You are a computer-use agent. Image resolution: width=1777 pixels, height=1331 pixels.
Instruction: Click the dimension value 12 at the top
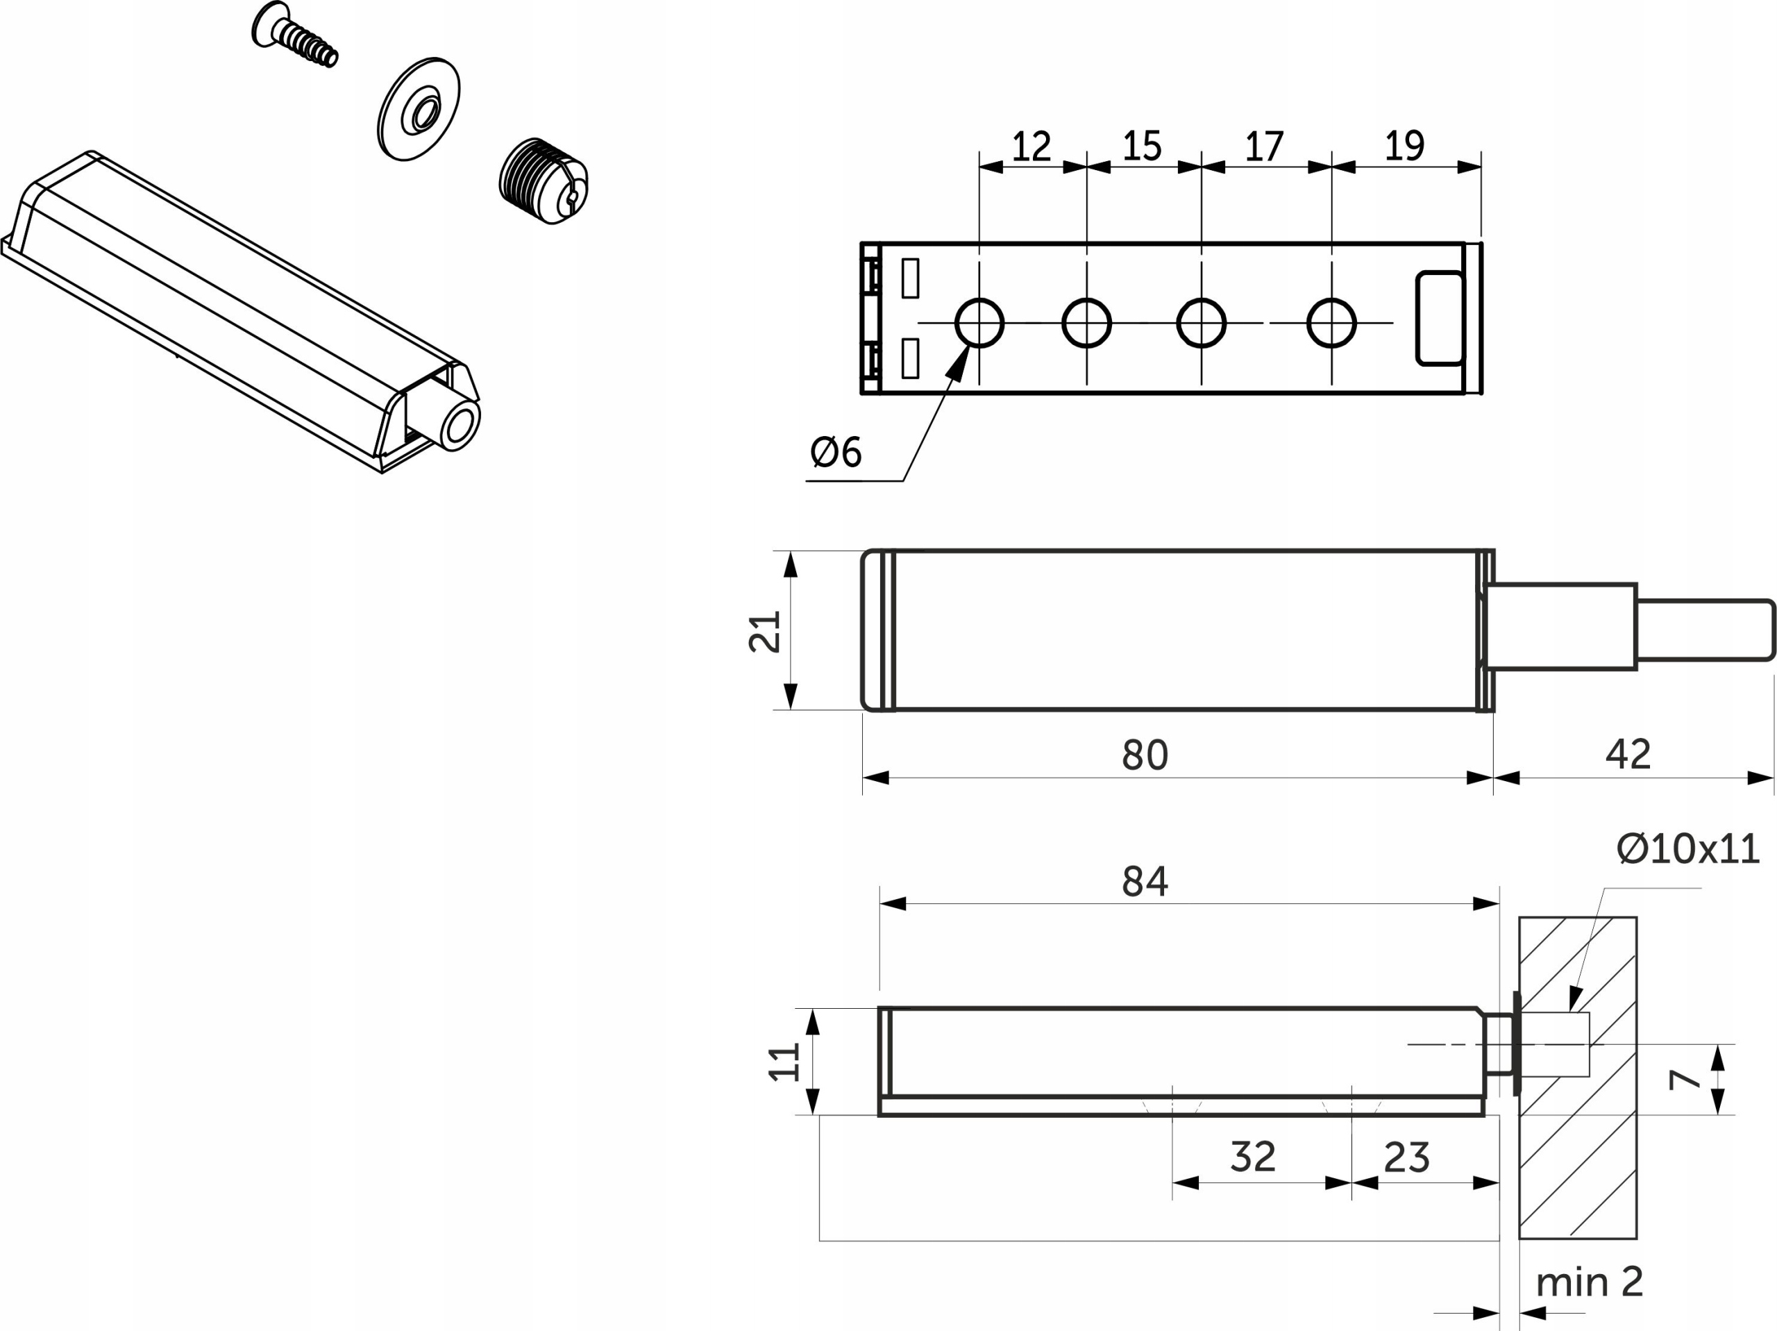point(1031,147)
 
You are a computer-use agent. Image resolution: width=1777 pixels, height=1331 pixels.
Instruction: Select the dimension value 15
point(1143,147)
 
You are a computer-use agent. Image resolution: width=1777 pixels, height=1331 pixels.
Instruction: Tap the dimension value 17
point(1265,147)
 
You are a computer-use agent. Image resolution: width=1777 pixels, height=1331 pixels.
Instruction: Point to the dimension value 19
point(1405,147)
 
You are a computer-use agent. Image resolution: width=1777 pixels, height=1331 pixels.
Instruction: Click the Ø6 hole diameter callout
point(836,452)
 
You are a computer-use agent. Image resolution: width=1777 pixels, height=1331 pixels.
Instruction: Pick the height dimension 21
point(765,632)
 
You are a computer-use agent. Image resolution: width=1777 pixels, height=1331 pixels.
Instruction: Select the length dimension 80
point(1145,755)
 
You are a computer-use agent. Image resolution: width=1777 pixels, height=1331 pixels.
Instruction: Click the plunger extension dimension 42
point(1628,754)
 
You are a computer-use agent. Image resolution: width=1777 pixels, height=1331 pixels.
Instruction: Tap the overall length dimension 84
point(1145,881)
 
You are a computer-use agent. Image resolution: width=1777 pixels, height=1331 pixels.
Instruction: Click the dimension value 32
point(1253,1157)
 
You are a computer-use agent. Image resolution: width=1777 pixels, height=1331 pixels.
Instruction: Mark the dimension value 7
point(1685,1080)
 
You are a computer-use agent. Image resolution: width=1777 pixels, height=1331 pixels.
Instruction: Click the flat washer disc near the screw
point(419,109)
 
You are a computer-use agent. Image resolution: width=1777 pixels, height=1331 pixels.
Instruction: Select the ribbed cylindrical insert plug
point(543,181)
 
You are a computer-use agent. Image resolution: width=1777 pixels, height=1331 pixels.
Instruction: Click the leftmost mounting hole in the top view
point(979,323)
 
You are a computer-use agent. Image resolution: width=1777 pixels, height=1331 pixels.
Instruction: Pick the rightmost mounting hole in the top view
point(1331,323)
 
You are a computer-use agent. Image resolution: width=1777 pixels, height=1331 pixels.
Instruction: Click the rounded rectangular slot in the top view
point(1440,318)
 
